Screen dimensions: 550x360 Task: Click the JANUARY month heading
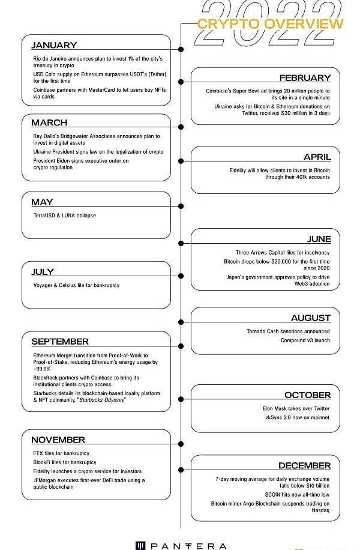(x=54, y=45)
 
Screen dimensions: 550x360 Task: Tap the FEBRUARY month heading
(x=305, y=78)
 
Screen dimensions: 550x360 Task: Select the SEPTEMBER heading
(x=59, y=342)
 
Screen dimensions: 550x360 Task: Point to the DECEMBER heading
(x=304, y=466)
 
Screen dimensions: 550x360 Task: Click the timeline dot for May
(x=181, y=206)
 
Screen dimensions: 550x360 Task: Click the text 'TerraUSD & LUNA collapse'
(x=64, y=216)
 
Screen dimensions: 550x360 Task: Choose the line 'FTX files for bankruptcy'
(x=61, y=453)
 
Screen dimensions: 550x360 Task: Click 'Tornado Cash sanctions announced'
(x=288, y=331)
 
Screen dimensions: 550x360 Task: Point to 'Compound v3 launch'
(x=305, y=340)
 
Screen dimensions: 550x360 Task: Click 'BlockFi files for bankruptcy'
(x=65, y=462)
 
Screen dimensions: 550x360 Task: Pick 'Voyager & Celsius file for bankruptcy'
(x=76, y=285)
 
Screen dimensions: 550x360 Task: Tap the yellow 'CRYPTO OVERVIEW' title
(x=270, y=24)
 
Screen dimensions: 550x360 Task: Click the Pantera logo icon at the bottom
(x=141, y=546)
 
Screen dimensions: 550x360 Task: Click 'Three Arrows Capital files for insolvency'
(x=282, y=253)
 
